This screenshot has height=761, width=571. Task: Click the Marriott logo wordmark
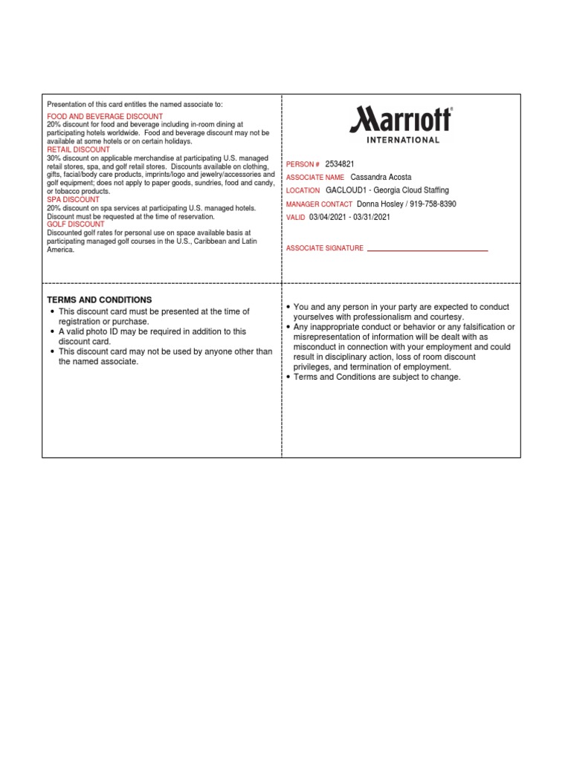tap(401, 119)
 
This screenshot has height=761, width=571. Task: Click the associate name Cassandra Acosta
tap(381, 178)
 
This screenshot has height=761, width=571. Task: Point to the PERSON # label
tap(303, 163)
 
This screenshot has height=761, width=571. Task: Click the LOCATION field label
tap(303, 191)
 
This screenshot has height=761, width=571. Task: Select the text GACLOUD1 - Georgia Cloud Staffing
tap(387, 190)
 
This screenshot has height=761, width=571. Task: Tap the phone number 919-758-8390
tap(430, 204)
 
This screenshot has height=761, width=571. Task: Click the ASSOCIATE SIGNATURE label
tap(325, 248)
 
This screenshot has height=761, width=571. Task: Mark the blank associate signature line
tap(428, 250)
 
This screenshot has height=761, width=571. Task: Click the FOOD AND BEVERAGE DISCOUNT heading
tap(105, 117)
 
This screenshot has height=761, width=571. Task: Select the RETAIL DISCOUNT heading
tap(78, 149)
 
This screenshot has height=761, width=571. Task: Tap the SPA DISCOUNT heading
tap(73, 200)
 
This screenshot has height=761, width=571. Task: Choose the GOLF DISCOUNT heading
tap(76, 224)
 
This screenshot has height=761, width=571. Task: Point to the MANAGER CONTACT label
tap(319, 204)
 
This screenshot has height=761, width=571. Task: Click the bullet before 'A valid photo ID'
tap(51, 331)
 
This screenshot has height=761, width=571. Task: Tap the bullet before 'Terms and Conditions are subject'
tap(288, 377)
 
